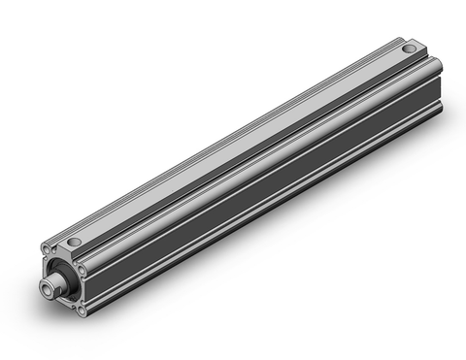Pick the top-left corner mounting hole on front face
click(x=47, y=249)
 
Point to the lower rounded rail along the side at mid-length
click(x=262, y=215)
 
